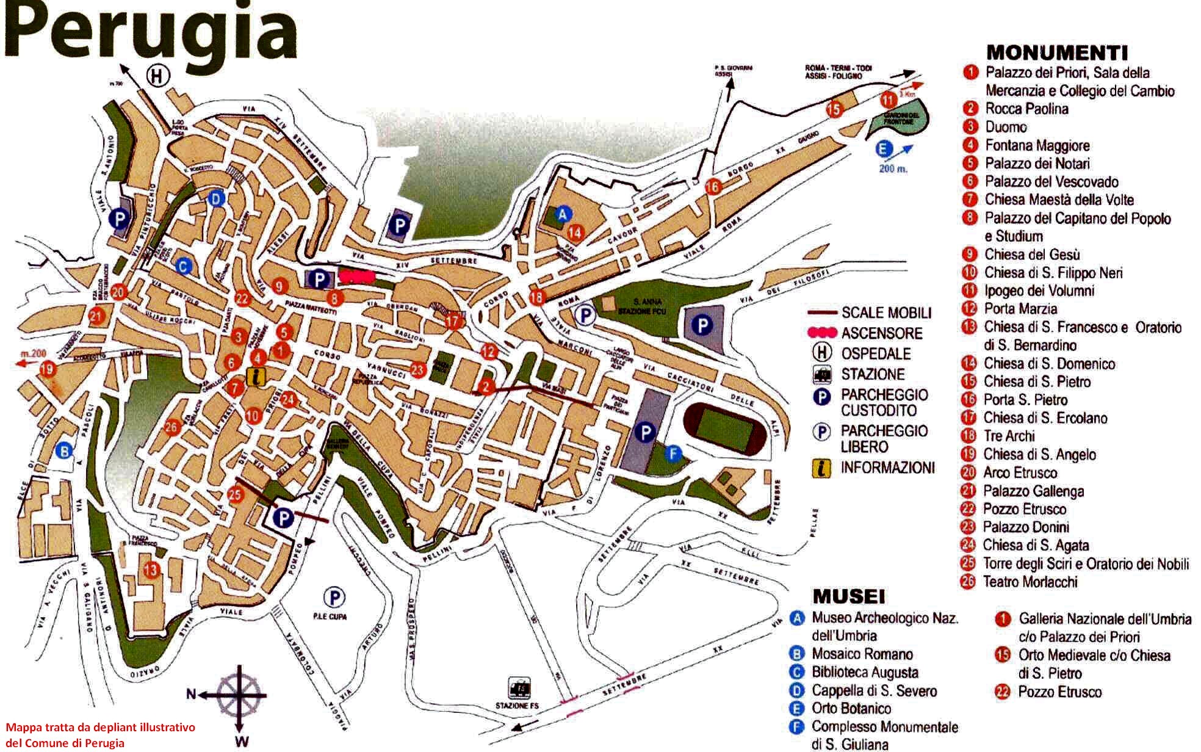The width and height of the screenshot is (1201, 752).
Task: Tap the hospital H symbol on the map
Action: pyautogui.click(x=158, y=76)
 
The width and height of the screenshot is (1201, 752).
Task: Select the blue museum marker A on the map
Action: pyautogui.click(x=563, y=214)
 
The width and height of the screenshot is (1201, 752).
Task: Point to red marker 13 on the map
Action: pyautogui.click(x=151, y=570)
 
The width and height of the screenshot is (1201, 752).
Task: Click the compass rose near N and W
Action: pyautogui.click(x=238, y=694)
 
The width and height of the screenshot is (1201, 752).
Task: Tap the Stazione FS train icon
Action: pyautogui.click(x=520, y=688)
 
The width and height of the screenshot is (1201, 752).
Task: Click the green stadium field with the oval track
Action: pyautogui.click(x=724, y=428)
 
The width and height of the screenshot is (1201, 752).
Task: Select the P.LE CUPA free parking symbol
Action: pyautogui.click(x=334, y=596)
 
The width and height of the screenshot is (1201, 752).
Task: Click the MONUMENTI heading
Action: pyautogui.click(x=1057, y=52)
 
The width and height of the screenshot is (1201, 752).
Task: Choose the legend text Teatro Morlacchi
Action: pyautogui.click(x=1030, y=582)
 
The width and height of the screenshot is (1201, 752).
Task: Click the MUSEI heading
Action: pyautogui.click(x=848, y=596)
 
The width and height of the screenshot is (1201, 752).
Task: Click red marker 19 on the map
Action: pyautogui.click(x=47, y=369)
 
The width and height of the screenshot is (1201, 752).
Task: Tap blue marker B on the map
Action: pyautogui.click(x=62, y=450)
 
